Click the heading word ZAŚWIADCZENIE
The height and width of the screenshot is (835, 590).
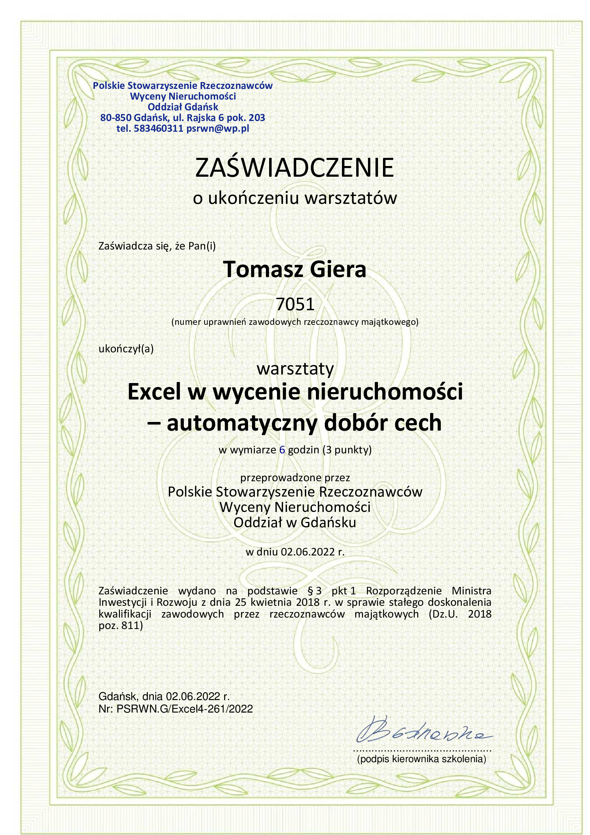[x=294, y=168]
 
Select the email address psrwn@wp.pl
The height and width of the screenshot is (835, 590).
[x=217, y=129]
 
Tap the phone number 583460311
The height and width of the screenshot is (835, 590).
[x=158, y=129]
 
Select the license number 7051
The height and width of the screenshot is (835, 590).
[x=295, y=304]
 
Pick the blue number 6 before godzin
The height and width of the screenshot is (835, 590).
[x=282, y=450]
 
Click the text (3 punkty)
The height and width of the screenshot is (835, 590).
[x=347, y=450]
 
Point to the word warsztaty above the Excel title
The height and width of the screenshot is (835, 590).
[x=295, y=369]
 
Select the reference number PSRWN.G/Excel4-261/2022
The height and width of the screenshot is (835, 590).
[x=185, y=709]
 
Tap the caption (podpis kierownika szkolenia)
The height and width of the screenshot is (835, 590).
[x=421, y=759]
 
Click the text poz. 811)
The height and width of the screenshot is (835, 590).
[x=121, y=625]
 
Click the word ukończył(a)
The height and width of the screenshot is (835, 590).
[x=126, y=349]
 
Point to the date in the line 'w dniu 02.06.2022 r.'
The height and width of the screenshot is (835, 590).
[x=307, y=552]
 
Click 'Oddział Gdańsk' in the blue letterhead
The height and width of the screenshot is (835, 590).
[x=183, y=107]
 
